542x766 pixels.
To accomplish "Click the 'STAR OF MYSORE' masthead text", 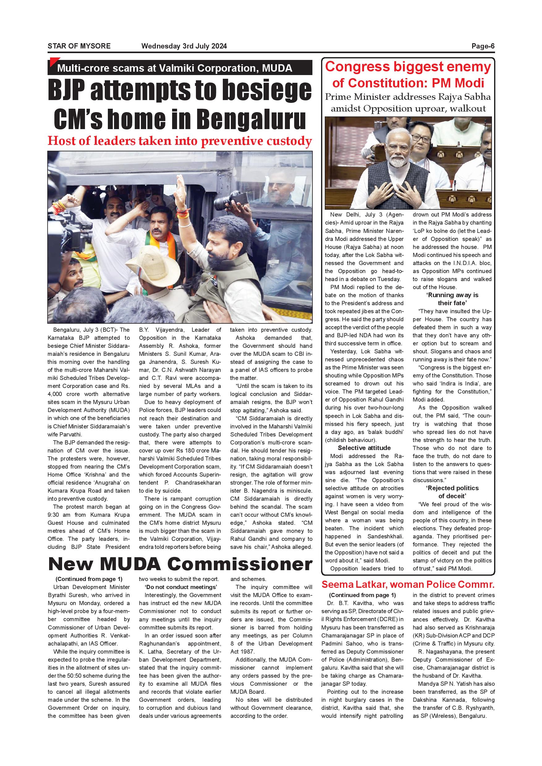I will click(79, 46).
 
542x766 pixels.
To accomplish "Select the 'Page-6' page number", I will click(483, 46).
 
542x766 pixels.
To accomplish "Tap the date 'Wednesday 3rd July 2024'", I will click(184, 46).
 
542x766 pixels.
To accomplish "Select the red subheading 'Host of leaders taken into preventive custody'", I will click(180, 141).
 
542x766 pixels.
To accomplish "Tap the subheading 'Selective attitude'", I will click(364, 448).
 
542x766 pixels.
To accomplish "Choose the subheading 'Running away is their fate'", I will click(452, 299).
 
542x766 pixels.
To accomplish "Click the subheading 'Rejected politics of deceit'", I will click(452, 492).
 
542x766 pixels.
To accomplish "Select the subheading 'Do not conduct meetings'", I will click(180, 587).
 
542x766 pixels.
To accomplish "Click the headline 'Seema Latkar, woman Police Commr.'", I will click(408, 584).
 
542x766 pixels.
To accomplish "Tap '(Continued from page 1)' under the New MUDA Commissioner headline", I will click(89, 579).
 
